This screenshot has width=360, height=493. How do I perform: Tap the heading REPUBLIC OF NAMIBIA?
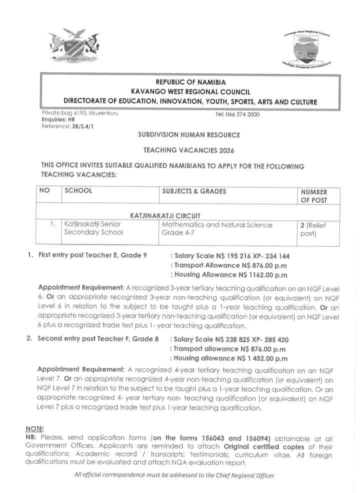[x=190, y=82]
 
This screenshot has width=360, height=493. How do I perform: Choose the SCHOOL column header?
[x=78, y=191]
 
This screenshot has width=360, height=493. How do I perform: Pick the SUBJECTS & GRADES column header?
[x=194, y=191]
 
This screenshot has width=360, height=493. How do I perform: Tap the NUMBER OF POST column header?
[x=313, y=195]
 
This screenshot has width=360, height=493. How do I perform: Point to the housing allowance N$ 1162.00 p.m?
[x=232, y=274]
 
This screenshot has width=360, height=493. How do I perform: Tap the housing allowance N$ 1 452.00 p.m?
[x=232, y=358]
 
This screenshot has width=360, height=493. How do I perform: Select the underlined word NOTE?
[x=35, y=428]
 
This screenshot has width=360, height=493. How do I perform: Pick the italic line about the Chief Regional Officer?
[x=174, y=474]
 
